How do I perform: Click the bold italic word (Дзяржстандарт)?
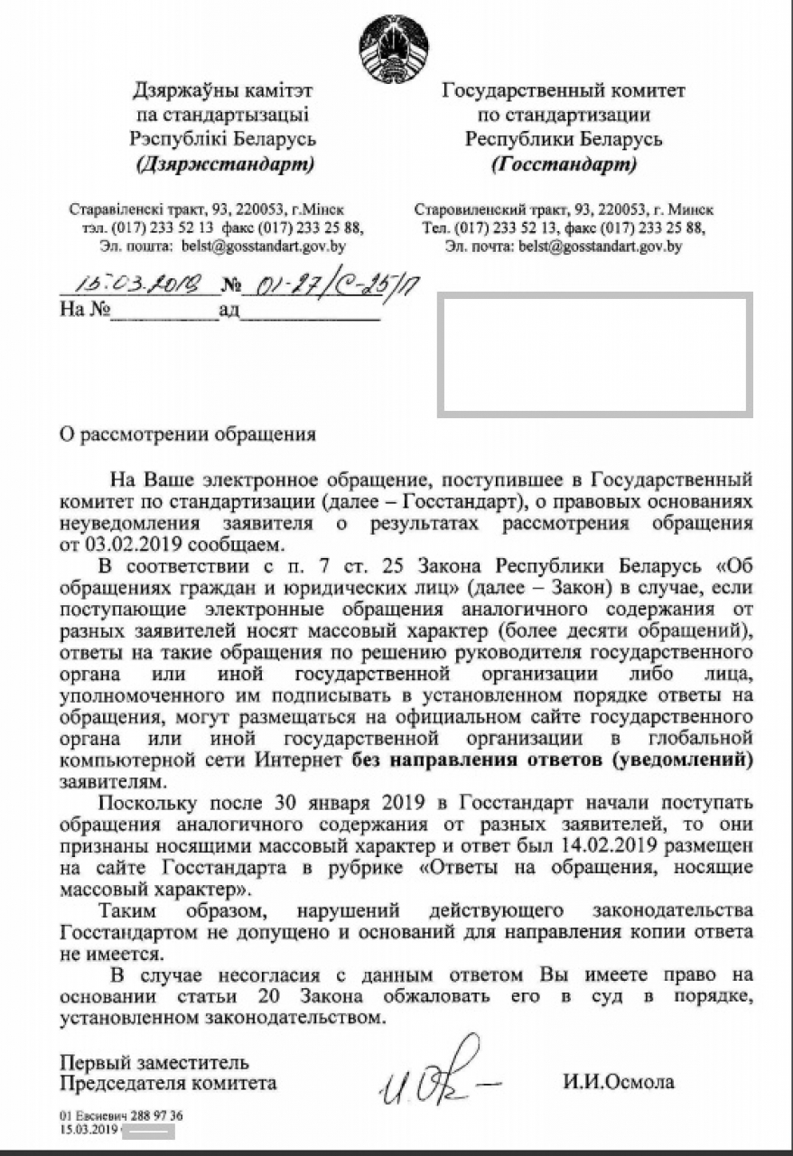click(225, 164)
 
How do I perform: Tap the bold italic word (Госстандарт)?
click(564, 164)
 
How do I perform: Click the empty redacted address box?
click(594, 355)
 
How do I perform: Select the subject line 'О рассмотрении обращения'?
click(188, 433)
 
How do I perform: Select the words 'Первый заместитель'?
click(154, 1062)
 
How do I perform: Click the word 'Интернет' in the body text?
click(304, 760)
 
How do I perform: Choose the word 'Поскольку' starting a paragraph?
click(146, 802)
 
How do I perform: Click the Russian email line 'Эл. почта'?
click(564, 245)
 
